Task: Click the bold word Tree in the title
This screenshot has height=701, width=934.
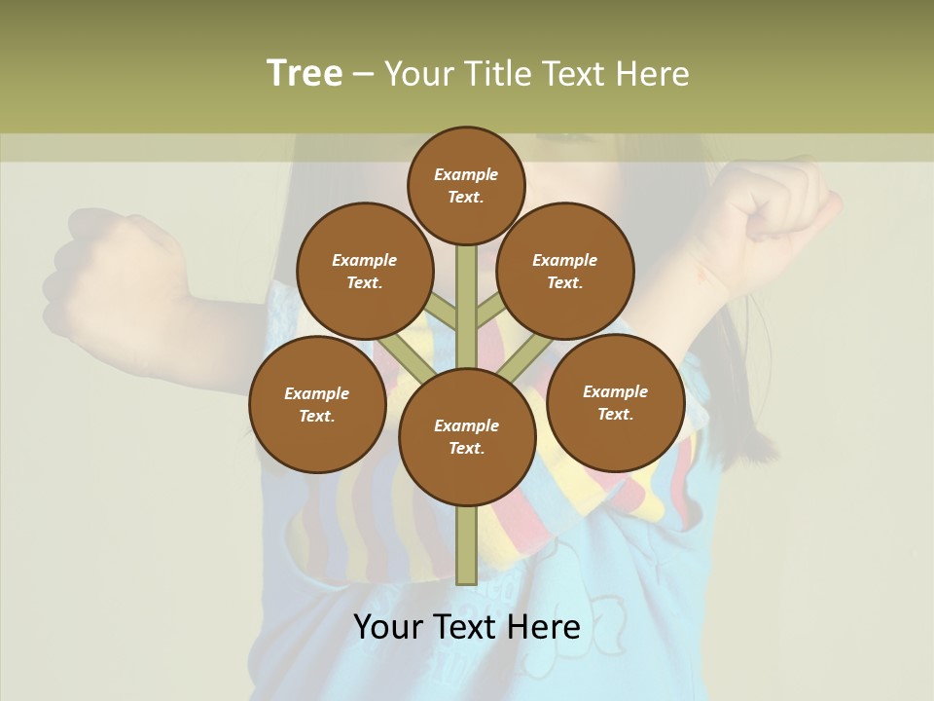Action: click(305, 73)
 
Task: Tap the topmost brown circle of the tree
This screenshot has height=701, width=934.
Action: click(466, 185)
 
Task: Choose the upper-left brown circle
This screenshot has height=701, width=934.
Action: click(365, 271)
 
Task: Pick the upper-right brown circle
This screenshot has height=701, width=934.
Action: click(565, 271)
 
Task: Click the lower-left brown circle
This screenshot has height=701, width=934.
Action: click(317, 404)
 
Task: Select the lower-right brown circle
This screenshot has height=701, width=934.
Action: click(615, 402)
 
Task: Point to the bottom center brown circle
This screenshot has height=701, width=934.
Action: click(467, 436)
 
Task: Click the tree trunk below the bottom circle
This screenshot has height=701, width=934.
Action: click(467, 545)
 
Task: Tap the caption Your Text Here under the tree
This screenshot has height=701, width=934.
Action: click(467, 627)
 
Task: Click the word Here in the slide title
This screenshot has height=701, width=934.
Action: click(652, 73)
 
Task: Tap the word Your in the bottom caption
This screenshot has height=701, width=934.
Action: click(387, 627)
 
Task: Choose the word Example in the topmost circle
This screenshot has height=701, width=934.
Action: click(466, 174)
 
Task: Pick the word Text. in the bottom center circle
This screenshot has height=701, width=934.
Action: click(466, 448)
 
